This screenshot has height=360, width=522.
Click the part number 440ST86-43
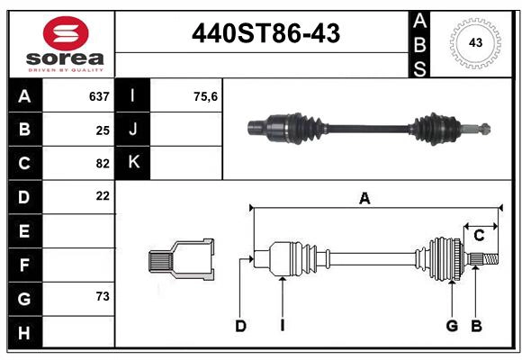click(266, 33)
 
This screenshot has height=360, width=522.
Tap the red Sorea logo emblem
click(66, 33)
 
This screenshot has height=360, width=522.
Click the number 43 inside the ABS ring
click(475, 42)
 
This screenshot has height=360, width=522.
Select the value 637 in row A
click(99, 96)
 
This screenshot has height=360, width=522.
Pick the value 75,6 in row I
click(205, 96)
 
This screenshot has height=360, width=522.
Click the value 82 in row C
click(103, 164)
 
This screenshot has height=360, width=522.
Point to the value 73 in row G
click(103, 296)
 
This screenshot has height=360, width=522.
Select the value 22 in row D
click(103, 196)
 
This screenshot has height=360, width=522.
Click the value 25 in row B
click(103, 130)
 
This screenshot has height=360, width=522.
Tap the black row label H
click(24, 332)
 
